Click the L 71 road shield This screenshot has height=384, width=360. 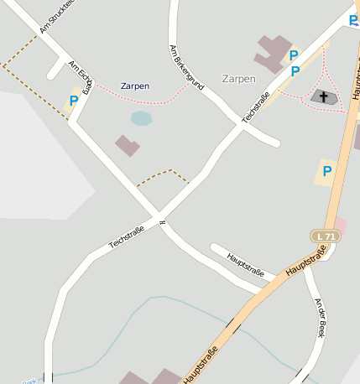click(326, 236)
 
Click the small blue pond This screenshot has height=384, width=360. click(141, 118)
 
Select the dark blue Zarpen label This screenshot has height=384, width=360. click(135, 86)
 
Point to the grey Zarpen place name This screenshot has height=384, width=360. click(238, 79)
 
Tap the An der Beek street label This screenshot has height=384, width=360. click(319, 317)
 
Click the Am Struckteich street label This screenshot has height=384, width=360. click(57, 16)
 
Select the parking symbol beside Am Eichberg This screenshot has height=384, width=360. click(74, 101)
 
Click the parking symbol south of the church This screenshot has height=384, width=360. click(326, 171)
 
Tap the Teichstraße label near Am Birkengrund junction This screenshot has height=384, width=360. click(257, 107)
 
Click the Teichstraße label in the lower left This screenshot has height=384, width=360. click(127, 236)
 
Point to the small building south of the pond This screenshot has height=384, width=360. click(128, 146)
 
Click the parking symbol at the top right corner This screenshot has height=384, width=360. click(353, 20)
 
